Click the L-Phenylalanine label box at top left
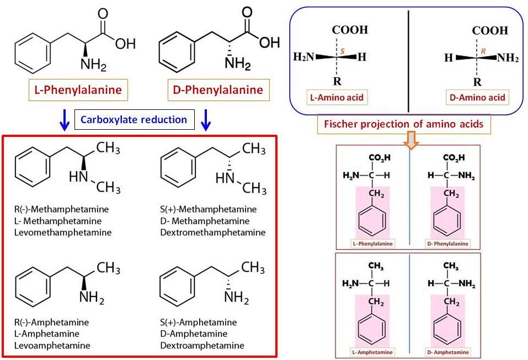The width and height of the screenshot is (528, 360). click(x=78, y=89)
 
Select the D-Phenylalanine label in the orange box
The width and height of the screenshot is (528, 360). click(x=218, y=89)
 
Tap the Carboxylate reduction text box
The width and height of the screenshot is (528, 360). click(x=135, y=119)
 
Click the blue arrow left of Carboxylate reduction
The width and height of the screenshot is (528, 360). click(x=64, y=120)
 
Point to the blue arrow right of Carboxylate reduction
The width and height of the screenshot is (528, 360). click(x=206, y=120)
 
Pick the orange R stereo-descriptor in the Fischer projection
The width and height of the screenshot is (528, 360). click(x=483, y=51)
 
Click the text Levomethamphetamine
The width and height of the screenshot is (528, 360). click(x=63, y=232)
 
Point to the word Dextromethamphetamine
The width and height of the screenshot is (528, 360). click(x=212, y=232)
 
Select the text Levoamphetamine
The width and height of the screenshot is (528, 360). click(x=53, y=345)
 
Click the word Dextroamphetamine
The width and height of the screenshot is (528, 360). click(x=202, y=345)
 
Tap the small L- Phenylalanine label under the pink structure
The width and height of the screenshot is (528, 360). click(x=370, y=243)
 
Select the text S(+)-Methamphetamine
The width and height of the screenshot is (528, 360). click(x=209, y=209)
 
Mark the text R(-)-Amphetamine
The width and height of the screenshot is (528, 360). click(x=52, y=322)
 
